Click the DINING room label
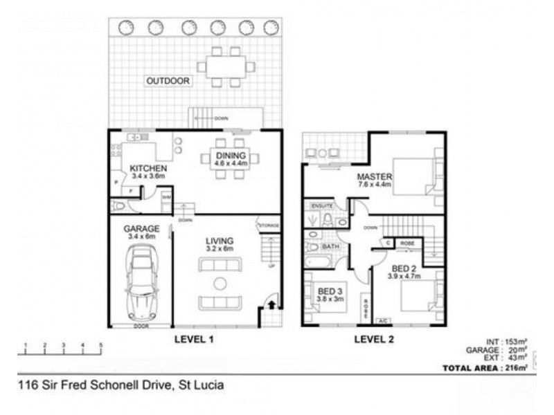click(x=229, y=155)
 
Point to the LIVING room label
click(x=220, y=241)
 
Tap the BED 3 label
click(x=330, y=291)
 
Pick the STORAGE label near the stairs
click(x=269, y=225)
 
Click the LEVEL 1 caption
click(x=193, y=339)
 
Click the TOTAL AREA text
click(x=473, y=368)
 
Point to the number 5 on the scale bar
click(x=101, y=344)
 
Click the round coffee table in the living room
click(x=220, y=283)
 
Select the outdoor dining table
click(x=226, y=67)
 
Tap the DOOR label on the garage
click(x=141, y=326)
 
